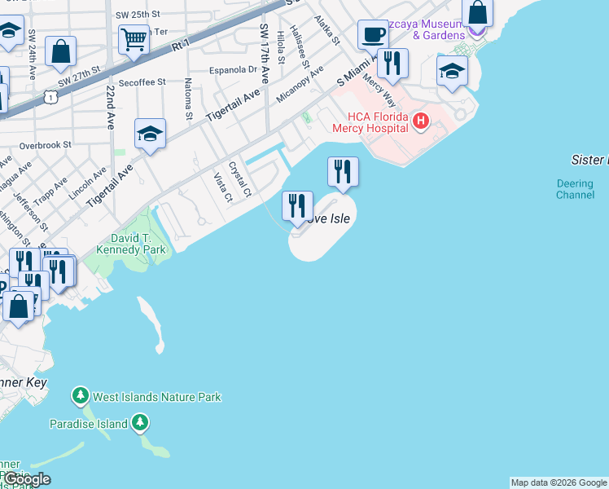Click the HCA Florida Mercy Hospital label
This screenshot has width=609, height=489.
tap(370, 122)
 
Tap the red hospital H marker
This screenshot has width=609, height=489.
tap(420, 122)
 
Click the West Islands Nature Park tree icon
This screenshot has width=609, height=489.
tap(80, 396)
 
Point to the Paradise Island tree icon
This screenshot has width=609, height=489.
tap(141, 423)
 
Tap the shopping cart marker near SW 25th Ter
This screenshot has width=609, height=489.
tap(134, 37)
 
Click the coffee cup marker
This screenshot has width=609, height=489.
tap(374, 34)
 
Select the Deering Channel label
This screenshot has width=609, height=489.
tap(575, 189)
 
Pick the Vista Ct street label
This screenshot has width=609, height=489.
tap(222, 187)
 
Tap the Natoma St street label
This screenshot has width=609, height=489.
tap(188, 99)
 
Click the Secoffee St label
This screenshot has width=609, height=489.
tap(142, 82)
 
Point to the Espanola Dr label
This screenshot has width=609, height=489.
tap(234, 70)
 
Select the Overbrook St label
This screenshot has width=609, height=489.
tap(46, 144)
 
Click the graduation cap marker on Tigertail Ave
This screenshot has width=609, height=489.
tap(150, 134)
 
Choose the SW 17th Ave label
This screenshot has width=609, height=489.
tap(265, 53)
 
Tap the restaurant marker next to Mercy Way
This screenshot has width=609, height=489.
tap(392, 64)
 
